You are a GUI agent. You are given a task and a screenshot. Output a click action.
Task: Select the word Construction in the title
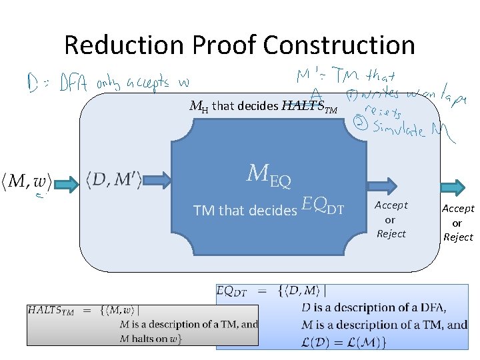[x=339, y=45]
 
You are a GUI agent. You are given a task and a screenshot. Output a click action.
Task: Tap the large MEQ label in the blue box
[x=269, y=175]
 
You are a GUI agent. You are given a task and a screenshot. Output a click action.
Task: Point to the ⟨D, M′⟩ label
[x=114, y=179]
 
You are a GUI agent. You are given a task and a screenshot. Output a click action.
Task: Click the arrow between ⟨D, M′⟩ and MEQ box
[x=158, y=179]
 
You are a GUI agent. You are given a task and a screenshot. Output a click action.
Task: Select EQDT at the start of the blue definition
[x=232, y=291]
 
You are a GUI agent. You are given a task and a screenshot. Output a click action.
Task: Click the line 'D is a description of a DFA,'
[x=373, y=308]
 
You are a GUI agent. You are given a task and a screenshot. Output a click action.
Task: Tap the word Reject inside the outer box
[x=391, y=234]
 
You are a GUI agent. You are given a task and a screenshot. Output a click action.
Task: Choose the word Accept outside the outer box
[x=458, y=209]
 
